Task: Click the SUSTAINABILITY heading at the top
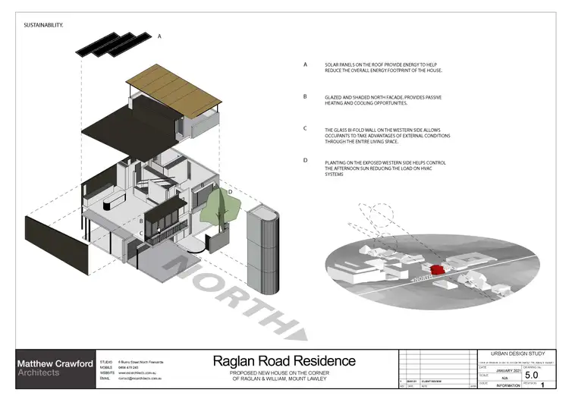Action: point(42,25)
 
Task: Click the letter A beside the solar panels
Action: point(159,36)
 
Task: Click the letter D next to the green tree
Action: point(230,192)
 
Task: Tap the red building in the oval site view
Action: point(438,269)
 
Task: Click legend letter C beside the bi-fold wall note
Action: point(305,128)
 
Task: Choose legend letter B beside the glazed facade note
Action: point(305,96)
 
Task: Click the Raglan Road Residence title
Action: point(283,360)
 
